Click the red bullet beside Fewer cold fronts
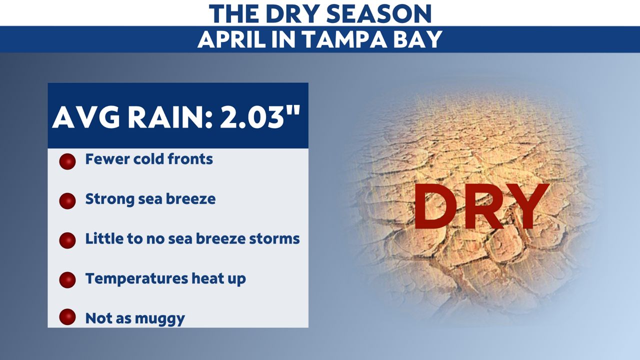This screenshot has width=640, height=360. coord(67,161)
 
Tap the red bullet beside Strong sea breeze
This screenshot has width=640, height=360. coord(67,200)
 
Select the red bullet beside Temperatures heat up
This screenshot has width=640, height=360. coord(67,280)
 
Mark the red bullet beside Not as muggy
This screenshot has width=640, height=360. coord(67,317)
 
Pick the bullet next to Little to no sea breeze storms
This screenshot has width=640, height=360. coord(67,240)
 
